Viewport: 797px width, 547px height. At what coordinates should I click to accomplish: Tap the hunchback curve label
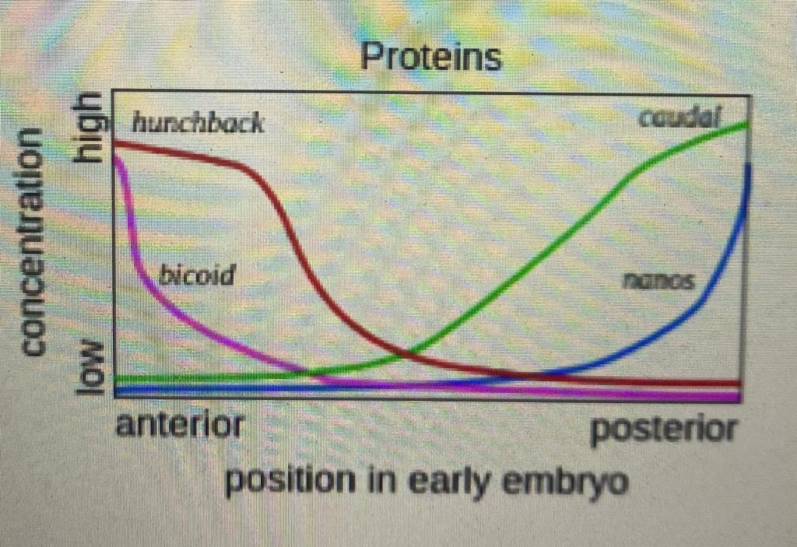tap(198, 123)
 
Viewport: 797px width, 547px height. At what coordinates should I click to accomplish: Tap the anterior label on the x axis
tap(180, 427)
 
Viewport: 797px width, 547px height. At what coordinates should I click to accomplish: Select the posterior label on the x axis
tap(664, 429)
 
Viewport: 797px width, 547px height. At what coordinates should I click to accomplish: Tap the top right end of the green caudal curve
tap(748, 123)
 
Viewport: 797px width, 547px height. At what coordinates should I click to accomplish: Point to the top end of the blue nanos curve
tap(749, 166)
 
